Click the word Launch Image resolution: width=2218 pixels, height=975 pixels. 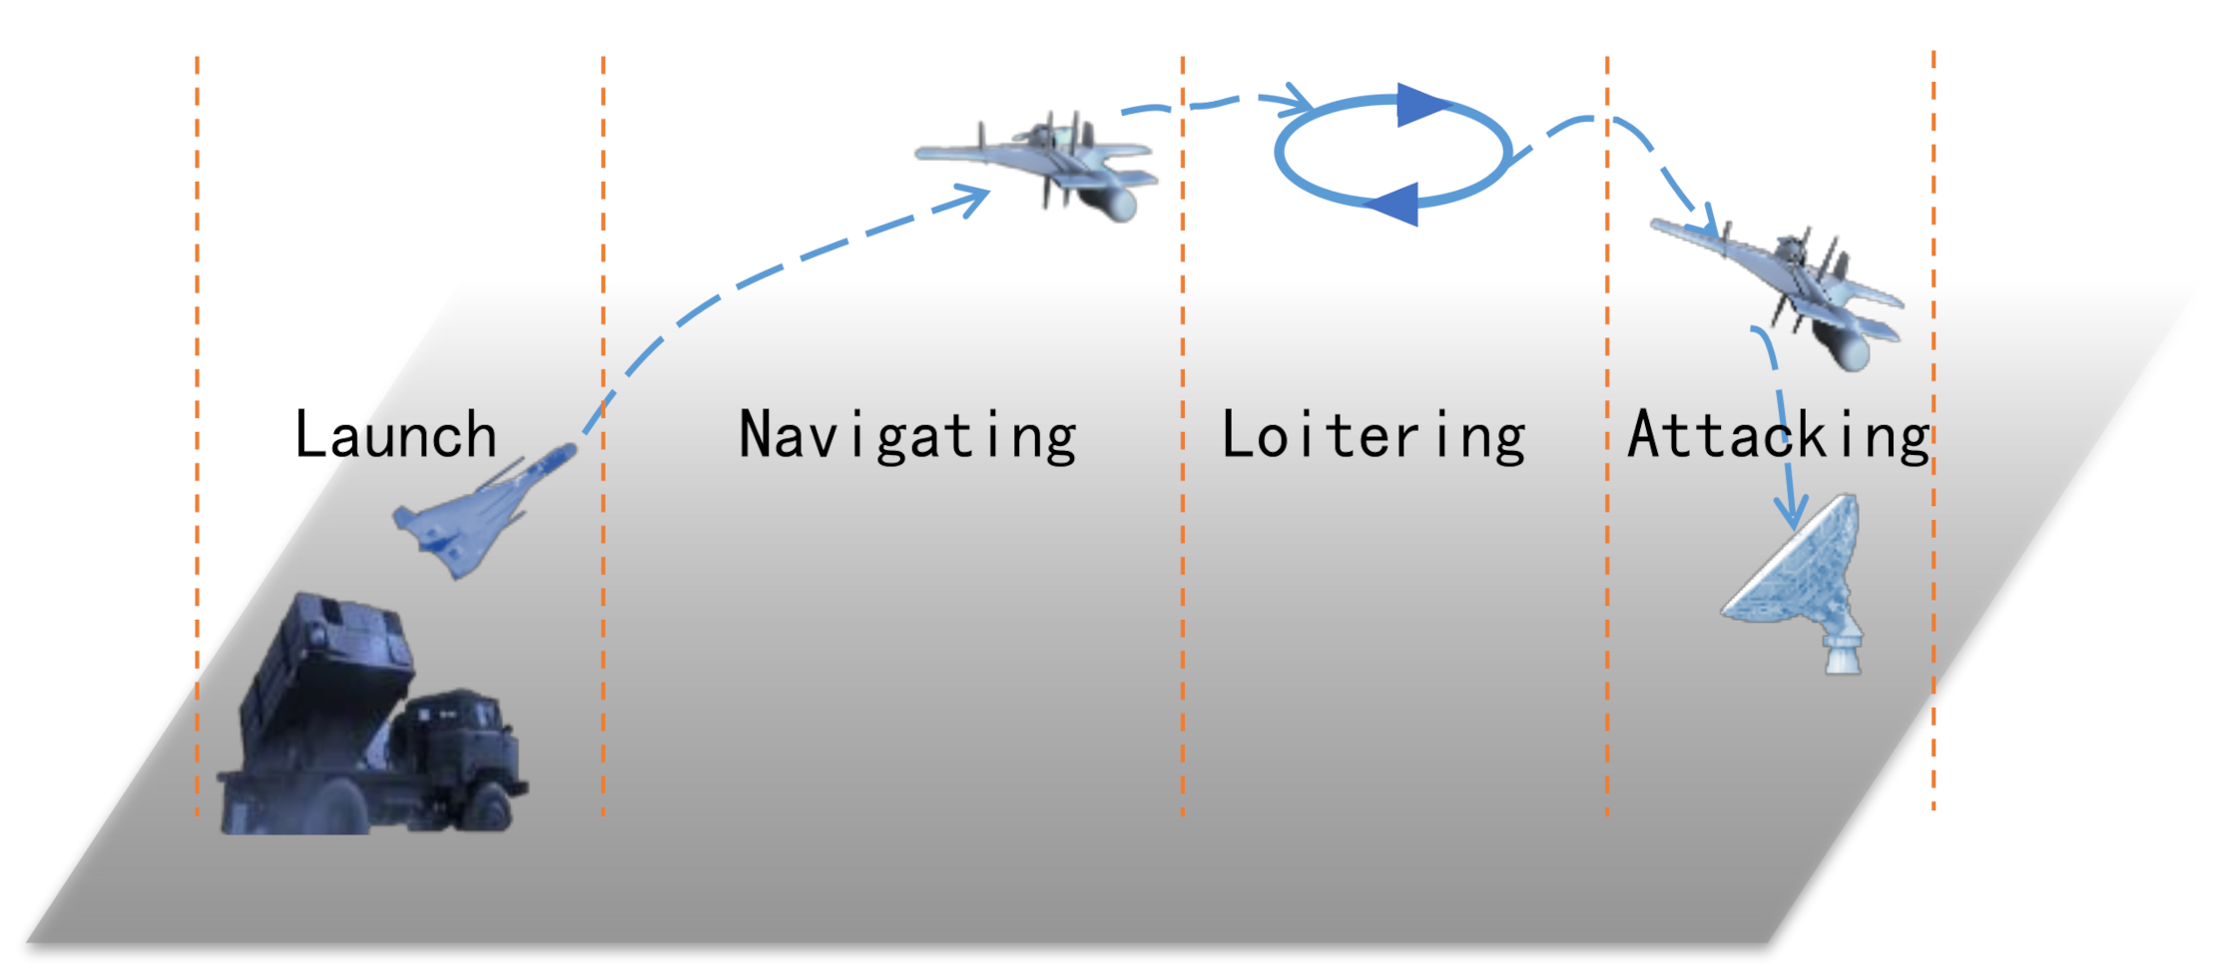point(395,435)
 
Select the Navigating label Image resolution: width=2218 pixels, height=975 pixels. point(906,436)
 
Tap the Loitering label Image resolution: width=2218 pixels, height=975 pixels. point(1373,436)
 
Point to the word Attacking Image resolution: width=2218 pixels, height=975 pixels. point(1778,436)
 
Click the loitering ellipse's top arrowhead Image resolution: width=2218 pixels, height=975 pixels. point(1419,104)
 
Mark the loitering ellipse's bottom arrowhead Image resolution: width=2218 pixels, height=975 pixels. point(1392,204)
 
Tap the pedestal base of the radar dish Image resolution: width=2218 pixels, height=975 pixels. point(1843,654)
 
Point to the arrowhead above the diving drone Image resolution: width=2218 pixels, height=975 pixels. point(1709,225)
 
